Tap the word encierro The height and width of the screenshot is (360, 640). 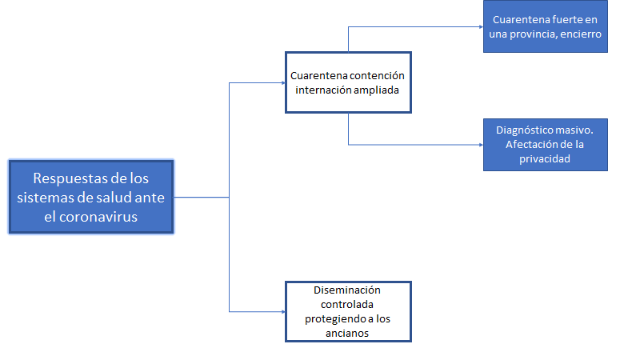click(x=582, y=34)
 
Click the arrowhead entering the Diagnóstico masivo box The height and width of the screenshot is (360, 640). click(x=480, y=145)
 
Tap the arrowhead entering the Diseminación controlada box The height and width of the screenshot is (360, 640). click(x=283, y=310)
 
